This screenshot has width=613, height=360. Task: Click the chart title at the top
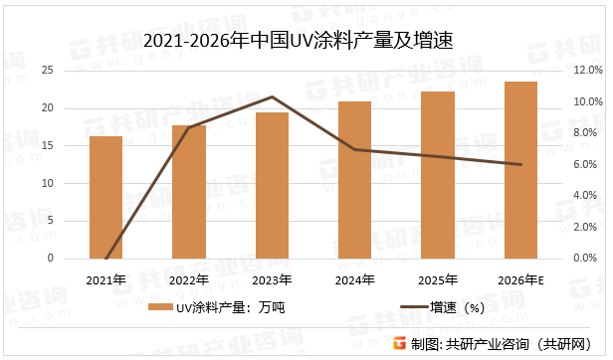304,41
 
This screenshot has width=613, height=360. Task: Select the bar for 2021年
105,198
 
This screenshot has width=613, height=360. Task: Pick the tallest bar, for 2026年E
521,170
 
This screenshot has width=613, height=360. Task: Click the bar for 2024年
355,180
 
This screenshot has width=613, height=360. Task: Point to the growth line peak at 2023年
272,96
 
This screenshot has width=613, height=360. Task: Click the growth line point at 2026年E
521,164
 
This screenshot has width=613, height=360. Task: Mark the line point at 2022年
189,127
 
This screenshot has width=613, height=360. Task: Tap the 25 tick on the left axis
47,71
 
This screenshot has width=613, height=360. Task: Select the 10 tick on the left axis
47,183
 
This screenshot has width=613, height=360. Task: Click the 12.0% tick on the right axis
586,71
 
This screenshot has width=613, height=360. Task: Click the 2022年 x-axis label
189,279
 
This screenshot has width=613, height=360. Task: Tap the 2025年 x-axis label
438,279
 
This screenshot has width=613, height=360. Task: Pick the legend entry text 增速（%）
457,308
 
